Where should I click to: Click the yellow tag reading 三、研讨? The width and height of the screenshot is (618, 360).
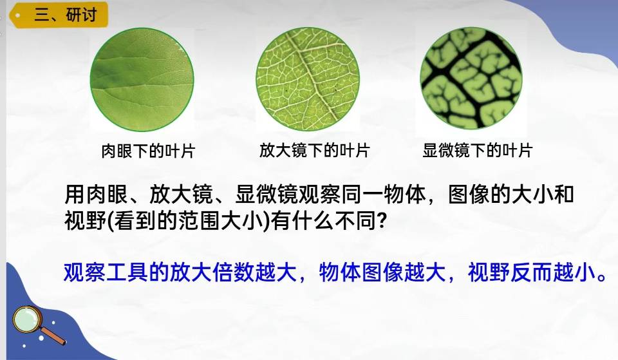[x=59, y=15]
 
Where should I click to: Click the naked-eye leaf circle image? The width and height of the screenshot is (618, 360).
[x=142, y=79]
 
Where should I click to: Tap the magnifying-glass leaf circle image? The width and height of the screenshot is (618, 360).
[x=308, y=79]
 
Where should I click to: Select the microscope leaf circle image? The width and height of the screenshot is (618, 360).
[x=471, y=78]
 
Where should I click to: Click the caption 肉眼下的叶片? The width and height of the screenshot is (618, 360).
[x=148, y=151]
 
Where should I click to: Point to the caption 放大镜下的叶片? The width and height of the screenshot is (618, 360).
[x=314, y=150]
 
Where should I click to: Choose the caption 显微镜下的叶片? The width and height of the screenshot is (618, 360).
[x=477, y=150]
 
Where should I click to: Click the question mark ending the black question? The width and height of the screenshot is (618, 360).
[x=381, y=221]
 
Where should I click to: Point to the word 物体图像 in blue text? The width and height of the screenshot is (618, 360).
[x=361, y=272]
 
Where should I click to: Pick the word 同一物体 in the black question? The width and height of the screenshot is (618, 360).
[x=384, y=194]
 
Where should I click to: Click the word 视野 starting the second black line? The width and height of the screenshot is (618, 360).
[x=85, y=221]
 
